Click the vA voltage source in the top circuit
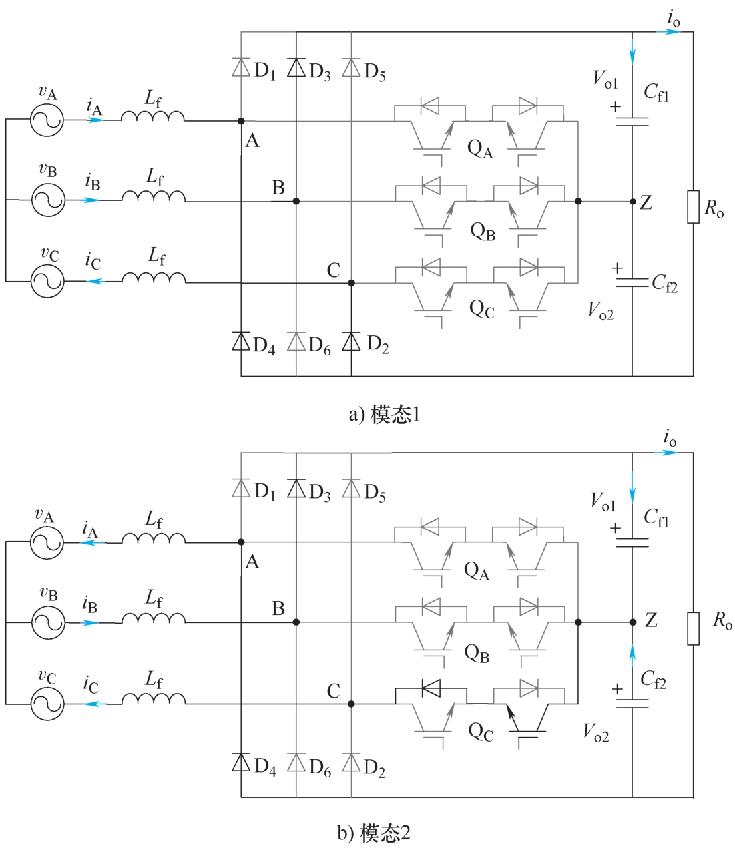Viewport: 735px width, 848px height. tap(47, 120)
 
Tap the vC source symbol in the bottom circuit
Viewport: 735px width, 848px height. tap(47, 704)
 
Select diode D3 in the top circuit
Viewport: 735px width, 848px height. tap(296, 68)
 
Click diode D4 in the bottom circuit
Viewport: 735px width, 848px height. tap(241, 762)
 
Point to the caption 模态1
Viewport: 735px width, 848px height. tap(385, 415)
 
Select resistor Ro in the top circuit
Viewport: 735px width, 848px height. tap(693, 206)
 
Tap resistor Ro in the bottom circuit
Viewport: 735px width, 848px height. tap(693, 628)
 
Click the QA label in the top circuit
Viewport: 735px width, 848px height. tap(480, 148)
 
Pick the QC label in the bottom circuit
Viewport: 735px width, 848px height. tap(481, 732)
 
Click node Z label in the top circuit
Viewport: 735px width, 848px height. tap(646, 203)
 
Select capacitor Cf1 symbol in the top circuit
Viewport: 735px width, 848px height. tap(632, 122)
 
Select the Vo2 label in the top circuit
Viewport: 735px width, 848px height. tap(601, 310)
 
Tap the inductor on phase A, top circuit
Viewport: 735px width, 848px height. tap(153, 116)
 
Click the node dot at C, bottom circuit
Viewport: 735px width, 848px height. tap(351, 704)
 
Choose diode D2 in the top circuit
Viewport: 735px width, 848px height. tap(351, 341)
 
